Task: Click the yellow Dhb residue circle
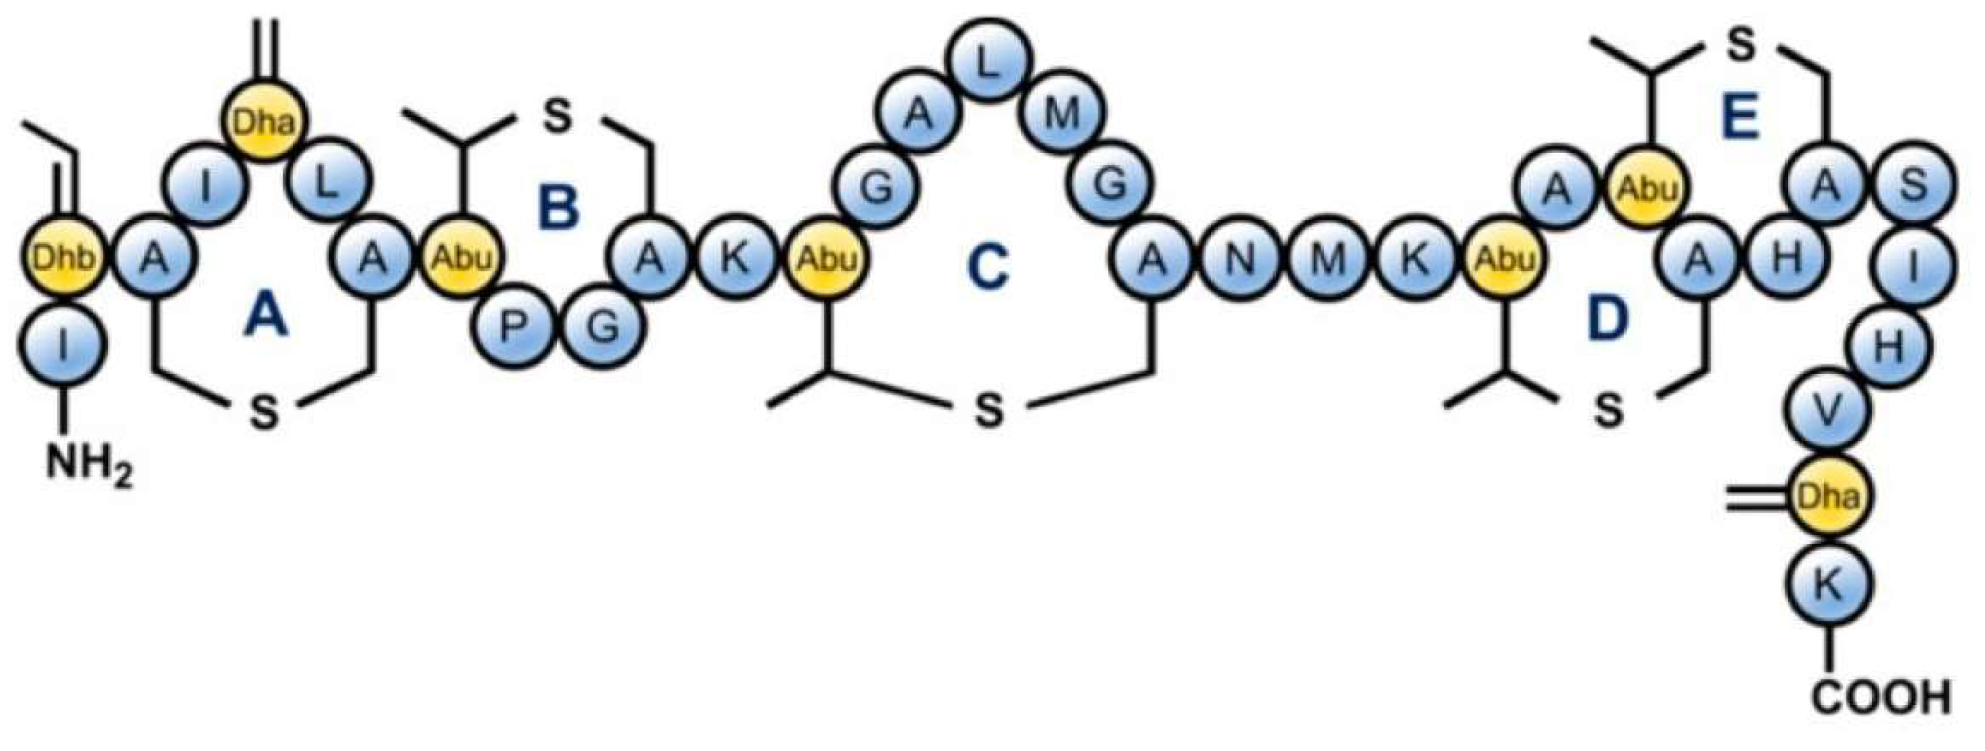[63, 260]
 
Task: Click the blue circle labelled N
[1240, 260]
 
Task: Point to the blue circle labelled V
[1829, 414]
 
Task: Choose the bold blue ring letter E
[1739, 121]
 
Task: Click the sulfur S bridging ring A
[264, 412]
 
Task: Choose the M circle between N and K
[1327, 260]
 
